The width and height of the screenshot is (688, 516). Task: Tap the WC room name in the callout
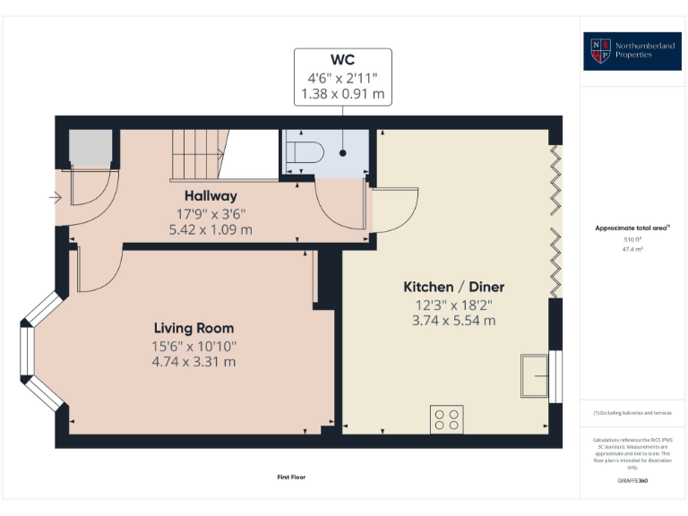[x=342, y=62]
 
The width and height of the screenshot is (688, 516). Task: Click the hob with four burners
[x=447, y=420]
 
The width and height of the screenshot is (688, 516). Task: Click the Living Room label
[x=193, y=328]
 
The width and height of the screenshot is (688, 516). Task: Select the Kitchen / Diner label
[x=453, y=287]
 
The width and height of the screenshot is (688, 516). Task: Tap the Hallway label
[x=211, y=196]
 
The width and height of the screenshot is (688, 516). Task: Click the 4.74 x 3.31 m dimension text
[x=193, y=362]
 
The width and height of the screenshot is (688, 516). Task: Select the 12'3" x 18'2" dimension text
[x=453, y=304]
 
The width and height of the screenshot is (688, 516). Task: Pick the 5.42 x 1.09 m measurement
[x=211, y=229]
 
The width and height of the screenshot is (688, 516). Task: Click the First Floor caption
[x=291, y=477]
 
